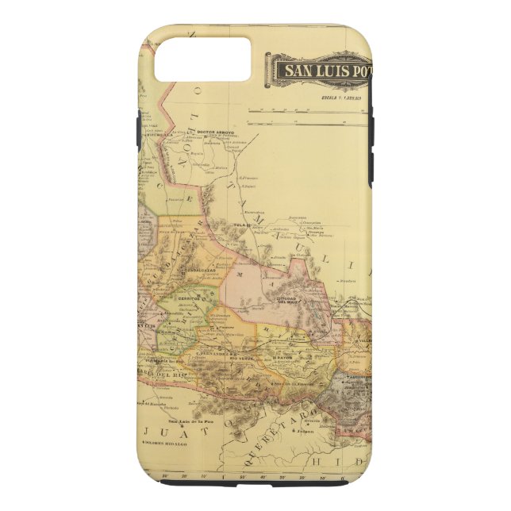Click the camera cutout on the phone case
click(202, 59)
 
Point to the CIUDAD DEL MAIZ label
click(287, 299)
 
